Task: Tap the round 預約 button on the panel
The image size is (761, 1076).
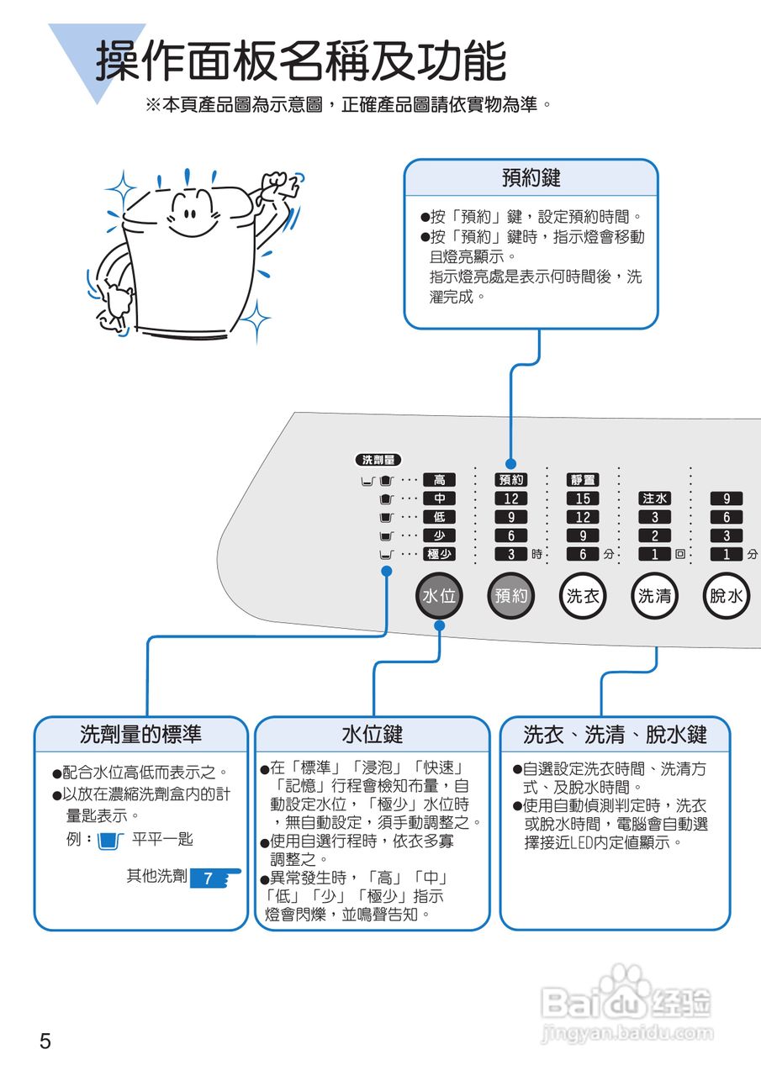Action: pos(510,596)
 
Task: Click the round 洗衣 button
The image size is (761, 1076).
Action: pos(583,596)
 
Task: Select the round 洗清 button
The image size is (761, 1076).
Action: pos(654,596)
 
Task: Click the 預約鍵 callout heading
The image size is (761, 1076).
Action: pos(531,178)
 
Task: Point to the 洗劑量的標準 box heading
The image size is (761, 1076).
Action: pos(141,734)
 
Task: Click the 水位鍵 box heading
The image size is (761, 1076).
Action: pos(372,734)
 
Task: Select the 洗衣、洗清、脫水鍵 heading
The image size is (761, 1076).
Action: pos(615,734)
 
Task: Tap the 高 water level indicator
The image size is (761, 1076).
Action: pos(439,480)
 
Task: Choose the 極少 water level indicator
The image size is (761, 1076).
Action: pos(439,554)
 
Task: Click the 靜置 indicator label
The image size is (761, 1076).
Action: pos(583,480)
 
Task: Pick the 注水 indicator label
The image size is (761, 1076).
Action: pos(654,498)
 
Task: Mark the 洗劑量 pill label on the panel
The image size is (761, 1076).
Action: pos(378,460)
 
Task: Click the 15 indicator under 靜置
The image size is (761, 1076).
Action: pos(583,498)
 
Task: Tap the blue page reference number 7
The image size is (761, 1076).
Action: pos(209,879)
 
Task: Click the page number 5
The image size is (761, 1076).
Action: pos(45,1042)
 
